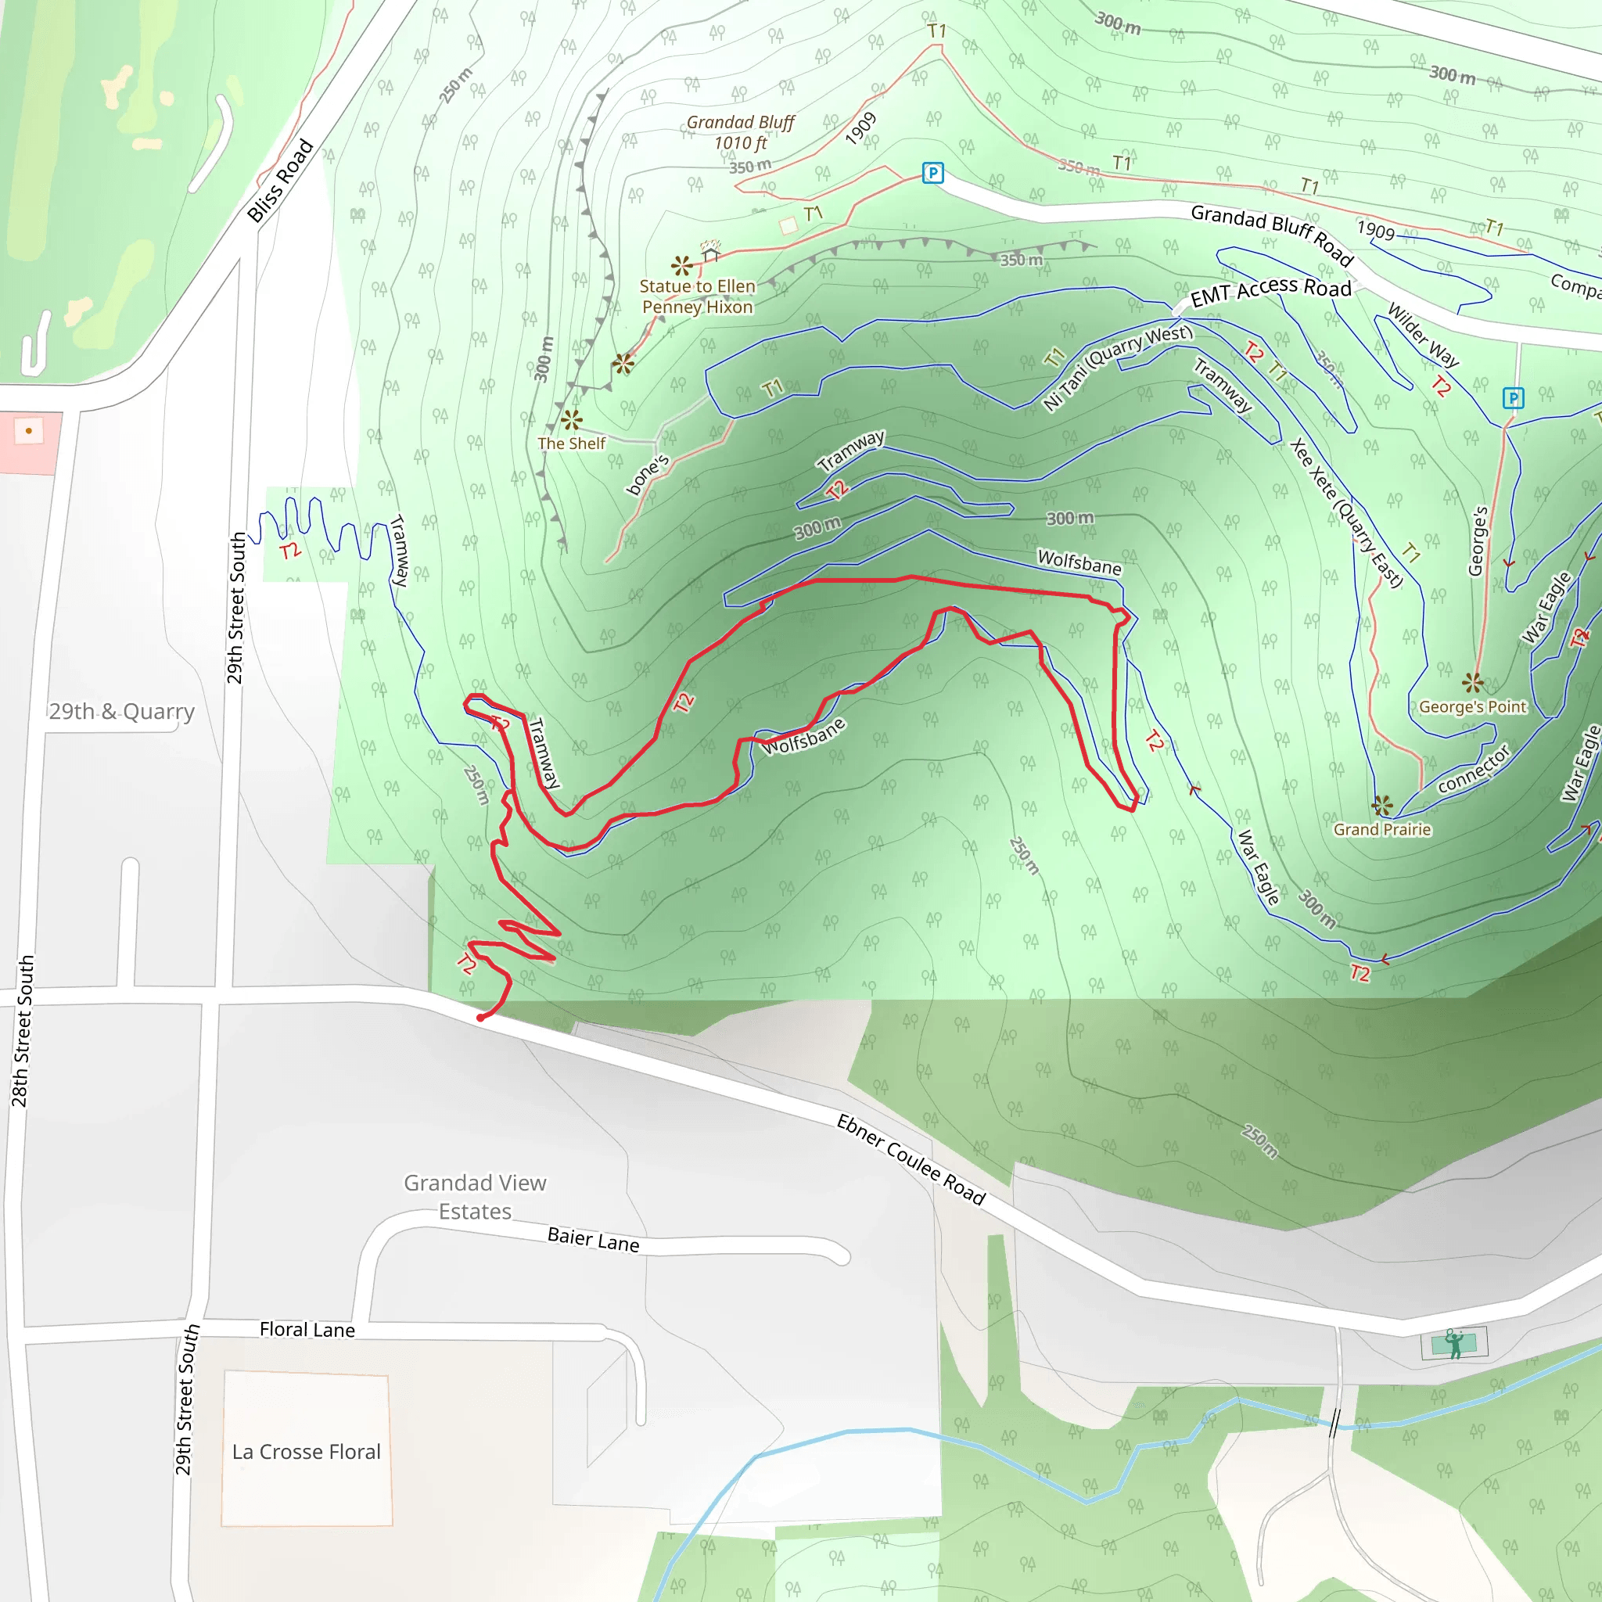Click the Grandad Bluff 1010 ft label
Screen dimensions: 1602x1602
pos(740,133)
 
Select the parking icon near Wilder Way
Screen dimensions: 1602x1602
pos(1514,398)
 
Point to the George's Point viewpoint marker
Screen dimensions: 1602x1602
pos(1473,682)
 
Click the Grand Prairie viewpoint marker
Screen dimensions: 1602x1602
pos(1382,805)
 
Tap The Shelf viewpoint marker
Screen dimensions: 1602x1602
pos(571,419)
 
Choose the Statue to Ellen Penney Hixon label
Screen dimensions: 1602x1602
pos(697,296)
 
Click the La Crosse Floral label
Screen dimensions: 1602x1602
pos(306,1451)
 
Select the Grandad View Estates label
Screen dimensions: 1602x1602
pos(475,1197)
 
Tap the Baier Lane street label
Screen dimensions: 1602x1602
pos(593,1240)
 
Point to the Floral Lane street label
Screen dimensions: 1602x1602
pos(307,1329)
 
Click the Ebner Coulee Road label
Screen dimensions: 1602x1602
pos(911,1159)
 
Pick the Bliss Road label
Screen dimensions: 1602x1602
pos(280,181)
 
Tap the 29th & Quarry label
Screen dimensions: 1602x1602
pos(122,712)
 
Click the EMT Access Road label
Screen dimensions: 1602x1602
pos(1270,292)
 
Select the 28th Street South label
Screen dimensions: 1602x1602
pos(23,1031)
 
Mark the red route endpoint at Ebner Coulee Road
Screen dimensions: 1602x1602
pos(481,1018)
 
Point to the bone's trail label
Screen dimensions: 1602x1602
pos(648,475)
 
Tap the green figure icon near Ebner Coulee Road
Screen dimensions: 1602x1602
pos(1454,1344)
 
